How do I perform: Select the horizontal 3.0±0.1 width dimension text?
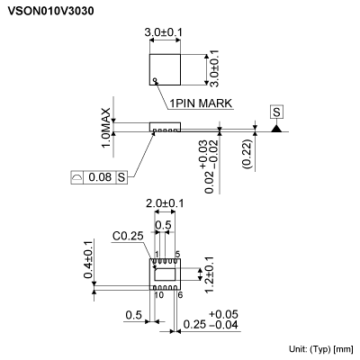coord(164,32)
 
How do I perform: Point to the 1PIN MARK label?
coord(201,103)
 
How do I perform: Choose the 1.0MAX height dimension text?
coord(106,129)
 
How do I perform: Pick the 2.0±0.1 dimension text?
coord(165,204)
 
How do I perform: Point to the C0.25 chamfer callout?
coord(129,237)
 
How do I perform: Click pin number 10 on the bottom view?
coord(157,293)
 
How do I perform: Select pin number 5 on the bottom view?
coord(177,255)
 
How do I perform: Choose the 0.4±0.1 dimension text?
coord(88,260)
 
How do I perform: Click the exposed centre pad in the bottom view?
coord(166,274)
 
